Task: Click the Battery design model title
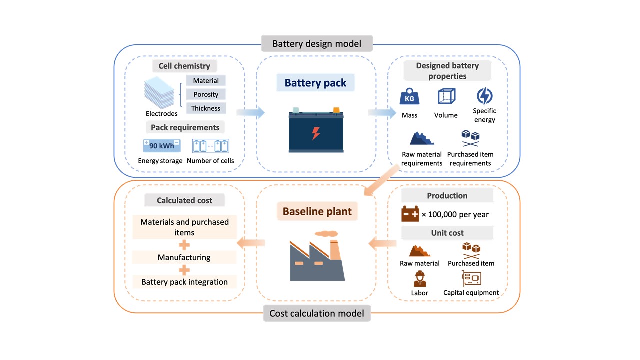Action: click(x=317, y=43)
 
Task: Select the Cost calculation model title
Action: click(x=317, y=313)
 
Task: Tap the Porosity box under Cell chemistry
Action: click(x=206, y=94)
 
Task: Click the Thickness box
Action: click(x=206, y=108)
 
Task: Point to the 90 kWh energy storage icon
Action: click(x=161, y=146)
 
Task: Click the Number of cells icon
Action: click(x=210, y=146)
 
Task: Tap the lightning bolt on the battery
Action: click(x=316, y=133)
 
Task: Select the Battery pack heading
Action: click(x=315, y=83)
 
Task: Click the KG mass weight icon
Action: click(x=409, y=97)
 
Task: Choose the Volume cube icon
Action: click(x=446, y=96)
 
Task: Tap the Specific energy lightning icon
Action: click(x=484, y=96)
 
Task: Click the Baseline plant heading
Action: click(x=317, y=211)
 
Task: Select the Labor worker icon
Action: click(x=419, y=279)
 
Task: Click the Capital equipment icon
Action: click(x=471, y=278)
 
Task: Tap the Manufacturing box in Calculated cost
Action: click(x=184, y=257)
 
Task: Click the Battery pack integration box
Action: click(x=184, y=282)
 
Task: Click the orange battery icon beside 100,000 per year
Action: click(x=410, y=214)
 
